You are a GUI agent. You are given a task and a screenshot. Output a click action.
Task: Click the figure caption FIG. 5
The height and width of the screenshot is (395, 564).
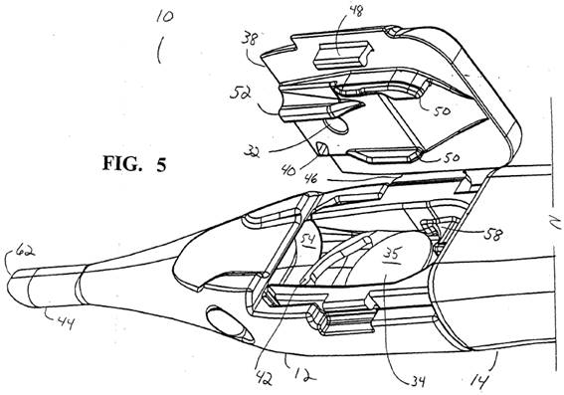[x=134, y=164]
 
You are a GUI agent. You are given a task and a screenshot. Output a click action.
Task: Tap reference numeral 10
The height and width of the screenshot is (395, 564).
[x=164, y=17]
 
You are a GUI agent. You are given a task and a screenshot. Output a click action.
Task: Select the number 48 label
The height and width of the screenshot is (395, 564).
[x=356, y=10]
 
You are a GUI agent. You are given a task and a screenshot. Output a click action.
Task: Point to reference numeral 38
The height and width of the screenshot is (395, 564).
[x=250, y=38]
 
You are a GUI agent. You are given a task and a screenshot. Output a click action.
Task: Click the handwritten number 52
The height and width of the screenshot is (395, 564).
[x=241, y=96]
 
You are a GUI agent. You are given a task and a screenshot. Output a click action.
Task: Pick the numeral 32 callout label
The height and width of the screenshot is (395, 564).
[x=252, y=151]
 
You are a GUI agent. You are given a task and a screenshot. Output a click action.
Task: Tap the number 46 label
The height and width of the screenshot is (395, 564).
[x=310, y=178]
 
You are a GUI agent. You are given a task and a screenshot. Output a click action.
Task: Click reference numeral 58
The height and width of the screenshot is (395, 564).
[x=493, y=234]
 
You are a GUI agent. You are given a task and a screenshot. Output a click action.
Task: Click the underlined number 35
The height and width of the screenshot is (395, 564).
[x=391, y=256]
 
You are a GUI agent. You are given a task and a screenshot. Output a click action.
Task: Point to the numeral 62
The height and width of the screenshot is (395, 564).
[x=26, y=251]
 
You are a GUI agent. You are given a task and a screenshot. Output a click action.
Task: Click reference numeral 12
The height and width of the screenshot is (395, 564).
[x=304, y=374]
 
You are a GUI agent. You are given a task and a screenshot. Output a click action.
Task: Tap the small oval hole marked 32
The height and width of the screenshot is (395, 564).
[x=336, y=126]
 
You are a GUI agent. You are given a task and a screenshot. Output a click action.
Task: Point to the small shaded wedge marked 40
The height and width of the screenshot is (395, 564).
[x=322, y=149]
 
